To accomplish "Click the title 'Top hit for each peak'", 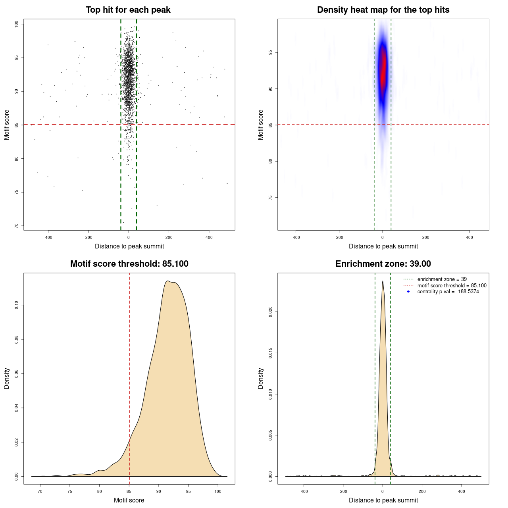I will click(128, 10).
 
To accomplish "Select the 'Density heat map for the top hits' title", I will click(383, 10).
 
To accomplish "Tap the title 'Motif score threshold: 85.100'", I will click(129, 264).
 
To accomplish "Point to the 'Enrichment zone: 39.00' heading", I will click(383, 264).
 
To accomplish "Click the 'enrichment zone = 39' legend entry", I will click(442, 279).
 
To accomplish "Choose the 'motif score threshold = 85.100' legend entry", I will click(452, 285).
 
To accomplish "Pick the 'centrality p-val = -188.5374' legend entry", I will click(448, 292).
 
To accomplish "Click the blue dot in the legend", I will click(408, 292).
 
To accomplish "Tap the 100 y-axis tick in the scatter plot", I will click(17, 24).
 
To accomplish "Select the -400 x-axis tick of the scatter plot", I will click(48, 238).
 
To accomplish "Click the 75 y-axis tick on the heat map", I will click(271, 198).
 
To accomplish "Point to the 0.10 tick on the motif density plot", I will click(17, 305).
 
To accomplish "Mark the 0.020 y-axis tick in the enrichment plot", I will click(271, 312).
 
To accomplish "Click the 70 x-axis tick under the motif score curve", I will click(40, 492).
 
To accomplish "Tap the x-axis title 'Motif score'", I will click(129, 500).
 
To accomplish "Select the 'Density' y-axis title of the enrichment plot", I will click(261, 378).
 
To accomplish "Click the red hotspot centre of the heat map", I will click(383, 67).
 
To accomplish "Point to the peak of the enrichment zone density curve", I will click(383, 281).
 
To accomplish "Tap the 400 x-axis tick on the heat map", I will click(469, 238).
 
